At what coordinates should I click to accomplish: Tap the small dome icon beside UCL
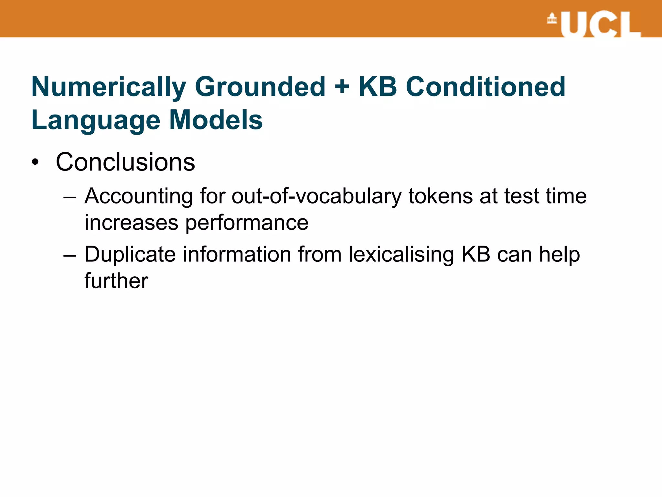click(x=552, y=18)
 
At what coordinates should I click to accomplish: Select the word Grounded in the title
click(x=260, y=87)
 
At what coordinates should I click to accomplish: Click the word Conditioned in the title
click(x=486, y=87)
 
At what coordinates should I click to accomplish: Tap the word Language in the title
click(x=96, y=120)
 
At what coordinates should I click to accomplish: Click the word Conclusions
click(x=125, y=162)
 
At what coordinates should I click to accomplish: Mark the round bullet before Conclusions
click(x=35, y=162)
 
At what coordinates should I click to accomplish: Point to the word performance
click(x=247, y=223)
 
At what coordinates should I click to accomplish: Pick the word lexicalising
click(x=401, y=254)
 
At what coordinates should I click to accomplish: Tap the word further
click(x=116, y=281)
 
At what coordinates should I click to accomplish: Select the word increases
click(x=131, y=223)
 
